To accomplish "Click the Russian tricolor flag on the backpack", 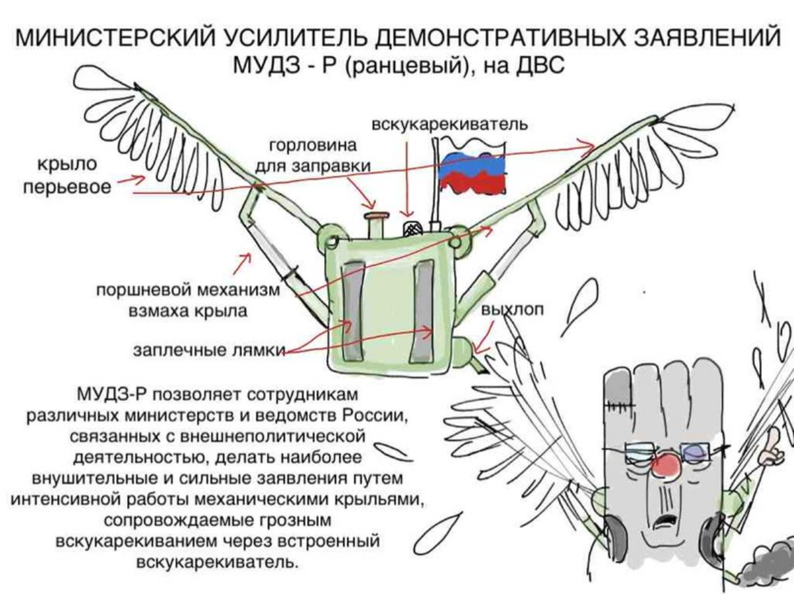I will click(471, 173).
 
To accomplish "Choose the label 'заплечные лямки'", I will click(208, 352).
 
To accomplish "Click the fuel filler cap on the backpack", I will click(377, 217).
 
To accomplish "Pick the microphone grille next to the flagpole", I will click(412, 228).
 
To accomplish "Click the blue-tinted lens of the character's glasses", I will click(696, 452).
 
